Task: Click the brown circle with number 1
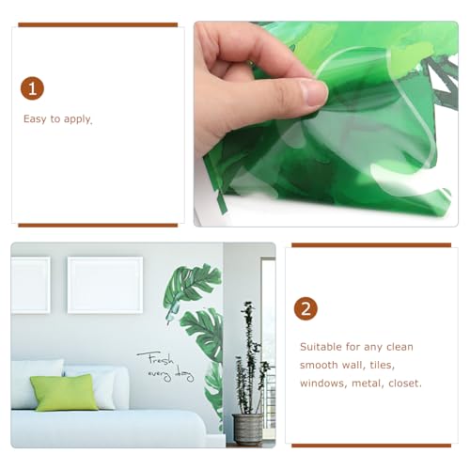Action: pos(33,88)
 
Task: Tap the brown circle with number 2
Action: pos(305,309)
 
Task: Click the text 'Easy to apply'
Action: pos(57,120)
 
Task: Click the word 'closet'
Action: pos(404,384)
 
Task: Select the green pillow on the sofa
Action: pos(64,392)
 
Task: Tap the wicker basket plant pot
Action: pos(247,428)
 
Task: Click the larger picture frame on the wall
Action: pos(104,284)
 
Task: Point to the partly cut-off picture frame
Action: pos(29,285)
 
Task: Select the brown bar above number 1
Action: pos(98,24)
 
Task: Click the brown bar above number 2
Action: pos(371,245)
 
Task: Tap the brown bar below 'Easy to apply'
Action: pos(98,226)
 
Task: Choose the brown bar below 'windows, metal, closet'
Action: pos(371,445)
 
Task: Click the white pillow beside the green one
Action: pos(105,385)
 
